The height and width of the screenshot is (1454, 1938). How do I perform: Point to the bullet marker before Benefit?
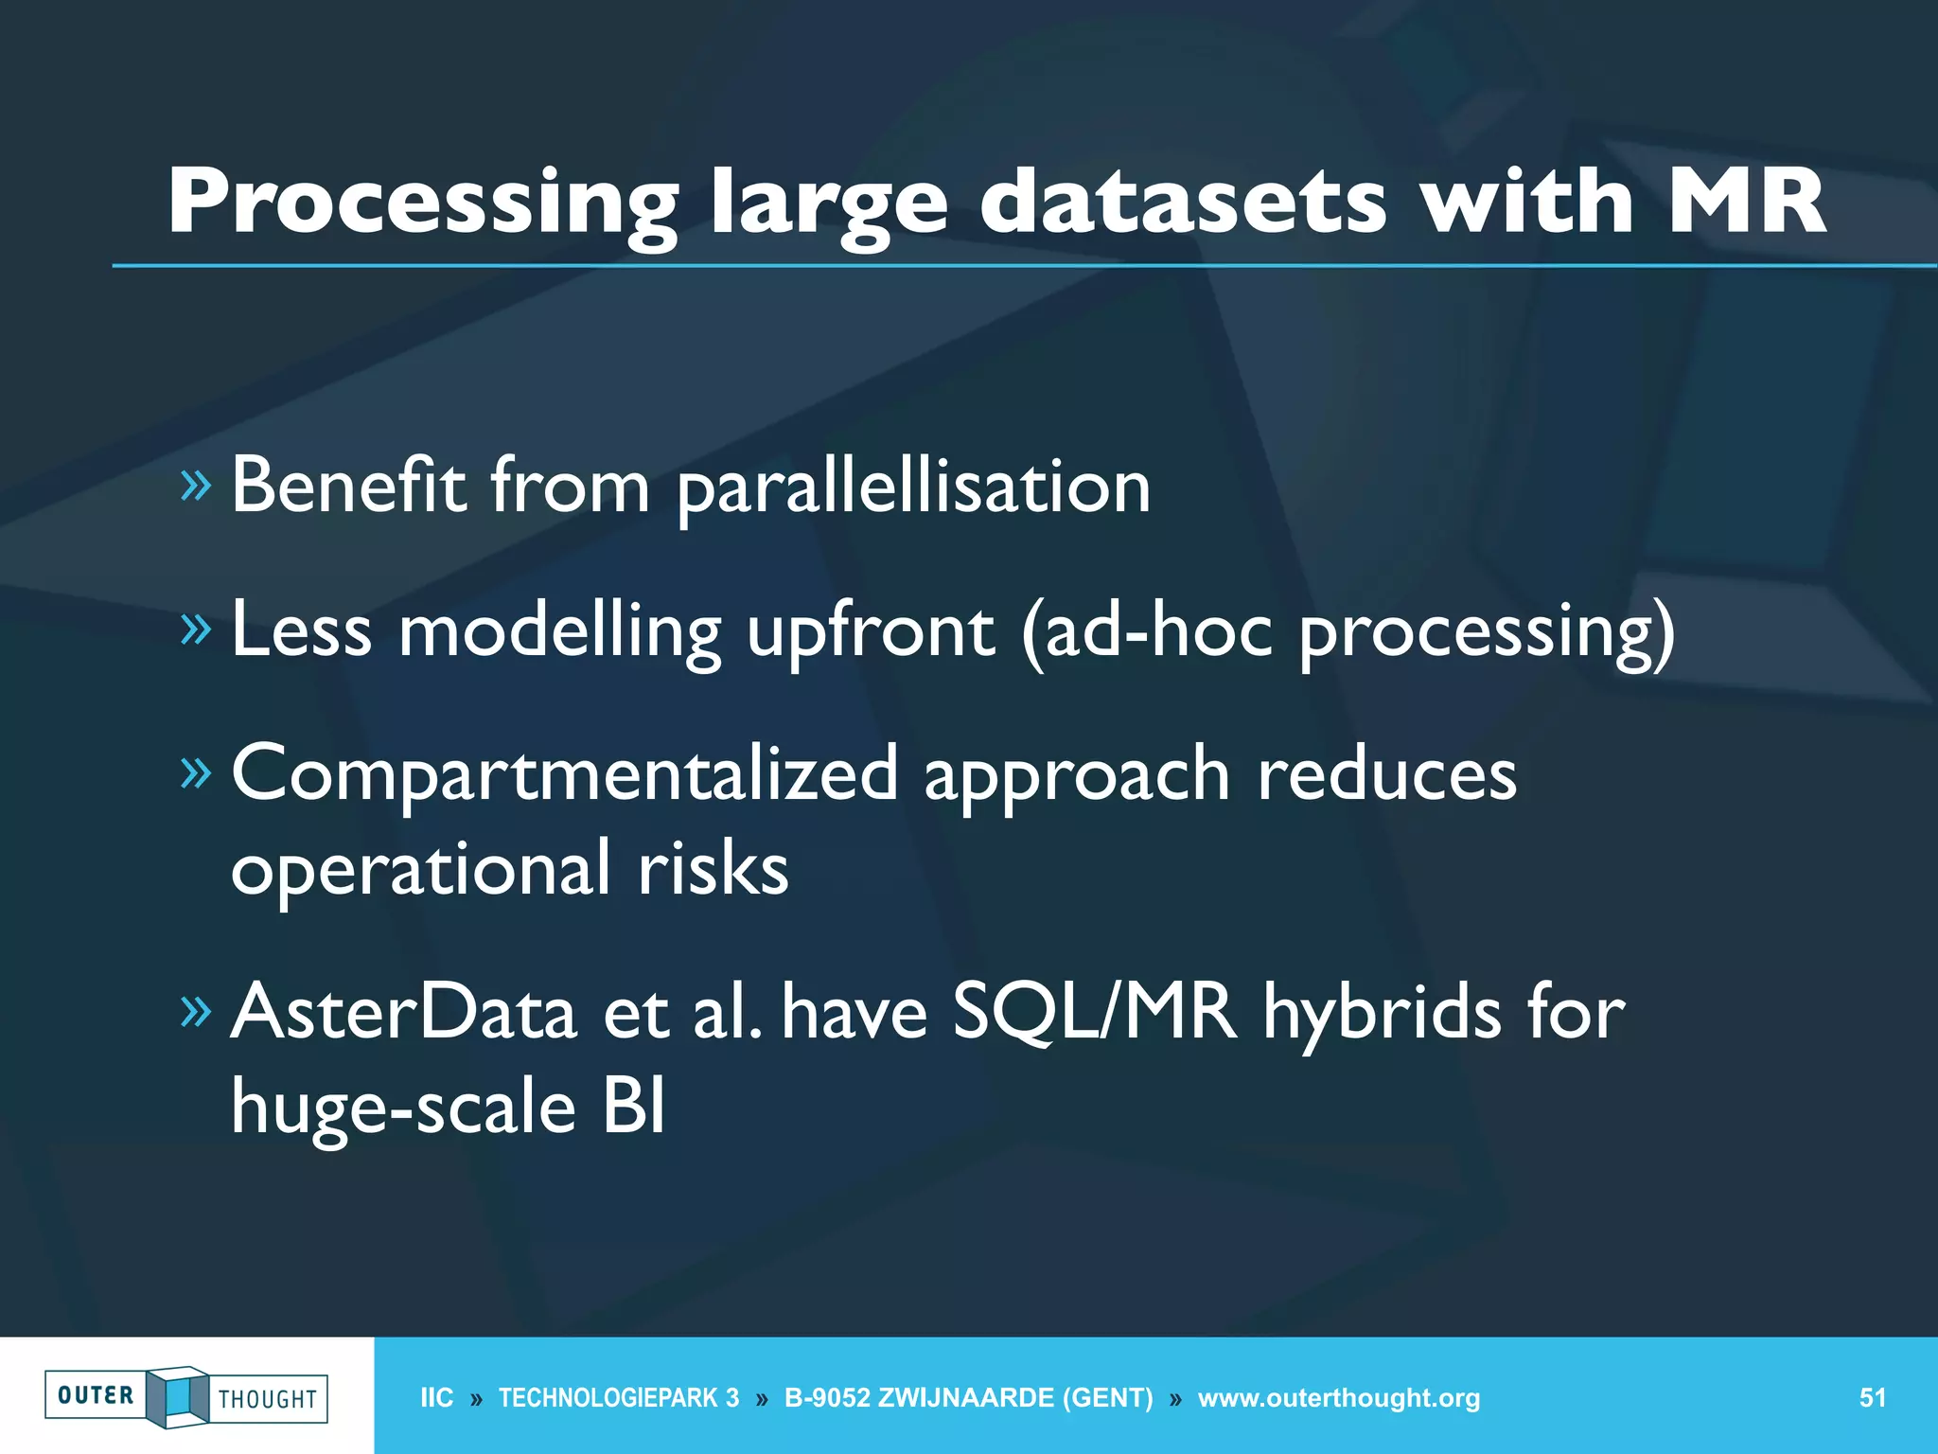click(195, 486)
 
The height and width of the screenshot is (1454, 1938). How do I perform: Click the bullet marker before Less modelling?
click(195, 629)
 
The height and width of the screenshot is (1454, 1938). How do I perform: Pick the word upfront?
click(871, 632)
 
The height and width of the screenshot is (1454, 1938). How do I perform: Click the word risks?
click(712, 869)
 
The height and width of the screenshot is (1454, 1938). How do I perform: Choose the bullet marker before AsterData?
click(195, 1012)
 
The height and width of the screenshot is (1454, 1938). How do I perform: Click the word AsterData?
click(404, 1012)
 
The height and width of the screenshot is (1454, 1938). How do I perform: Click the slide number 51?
click(1872, 1398)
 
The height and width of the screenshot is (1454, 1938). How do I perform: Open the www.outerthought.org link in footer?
click(1338, 1398)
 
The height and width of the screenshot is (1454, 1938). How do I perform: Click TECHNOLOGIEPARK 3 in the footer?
click(619, 1398)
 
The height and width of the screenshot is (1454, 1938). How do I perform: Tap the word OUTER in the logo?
click(96, 1395)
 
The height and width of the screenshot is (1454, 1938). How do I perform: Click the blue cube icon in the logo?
click(178, 1396)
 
